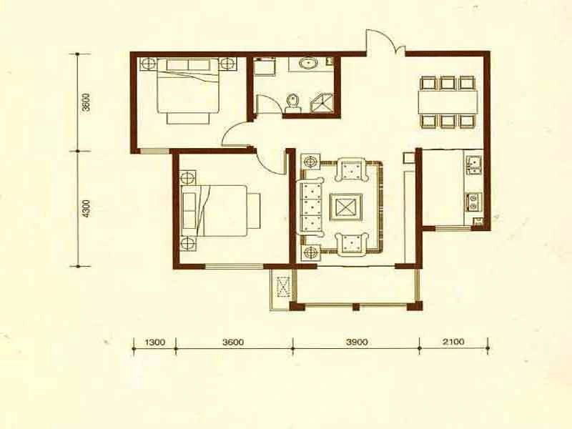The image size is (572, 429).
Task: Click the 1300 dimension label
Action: pos(155,342)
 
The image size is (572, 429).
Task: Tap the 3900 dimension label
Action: pos(357,342)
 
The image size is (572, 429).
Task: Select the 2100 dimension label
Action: pos(453,342)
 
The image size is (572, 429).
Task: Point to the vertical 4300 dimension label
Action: pos(86,208)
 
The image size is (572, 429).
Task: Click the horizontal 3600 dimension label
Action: pos(233,342)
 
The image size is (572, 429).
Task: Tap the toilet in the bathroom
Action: pos(292,103)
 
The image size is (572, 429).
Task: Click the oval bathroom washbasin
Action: pos(309,64)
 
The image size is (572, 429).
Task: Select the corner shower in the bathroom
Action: pos(321,103)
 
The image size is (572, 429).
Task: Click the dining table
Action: pos(448,102)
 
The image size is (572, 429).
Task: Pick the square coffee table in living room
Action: pos(346,207)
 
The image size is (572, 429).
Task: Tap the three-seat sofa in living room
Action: pos(312,207)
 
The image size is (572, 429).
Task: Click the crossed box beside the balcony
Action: pos(282,287)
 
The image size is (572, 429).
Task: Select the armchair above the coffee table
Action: pos(350,169)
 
